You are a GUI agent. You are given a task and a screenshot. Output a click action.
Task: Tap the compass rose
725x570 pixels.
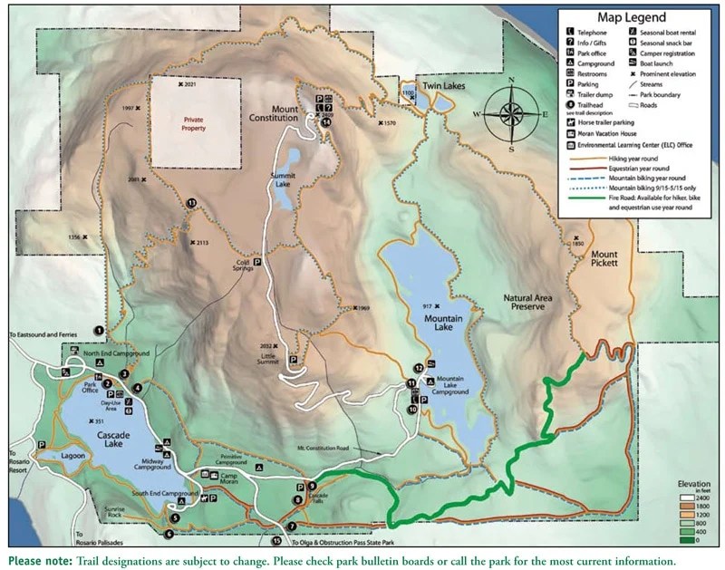pos(511,113)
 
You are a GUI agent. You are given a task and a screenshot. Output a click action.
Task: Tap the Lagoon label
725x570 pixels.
pos(65,457)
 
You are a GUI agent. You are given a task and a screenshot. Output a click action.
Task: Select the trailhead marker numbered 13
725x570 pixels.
pos(191,204)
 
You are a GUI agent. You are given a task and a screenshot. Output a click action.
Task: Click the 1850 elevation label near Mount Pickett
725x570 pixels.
pos(578,243)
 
